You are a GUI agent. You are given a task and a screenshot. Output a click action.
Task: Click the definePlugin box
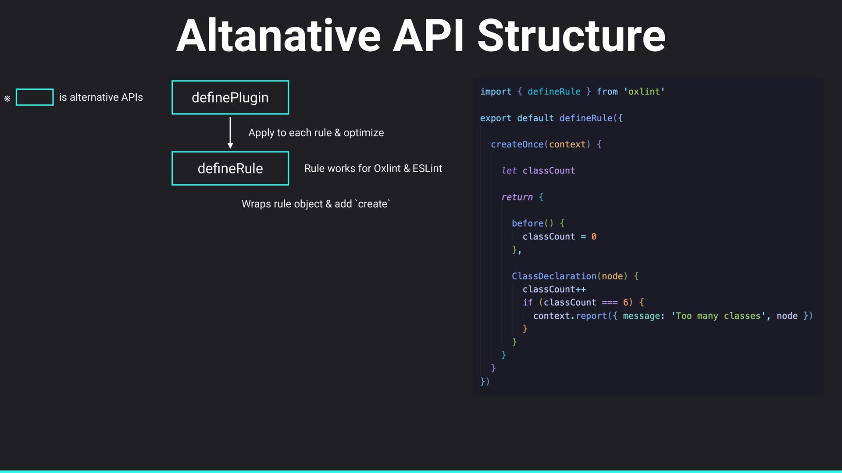[x=230, y=97]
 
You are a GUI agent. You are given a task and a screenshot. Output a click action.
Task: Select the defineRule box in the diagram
[x=230, y=168]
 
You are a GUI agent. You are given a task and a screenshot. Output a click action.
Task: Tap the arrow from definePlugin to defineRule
[x=230, y=133]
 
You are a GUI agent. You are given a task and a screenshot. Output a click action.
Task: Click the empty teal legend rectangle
[x=35, y=97]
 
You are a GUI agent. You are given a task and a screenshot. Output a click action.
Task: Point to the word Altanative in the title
[x=278, y=36]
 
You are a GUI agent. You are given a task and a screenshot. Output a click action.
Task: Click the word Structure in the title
[x=571, y=36]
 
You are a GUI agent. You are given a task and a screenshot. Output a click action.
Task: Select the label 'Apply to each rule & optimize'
[x=316, y=133]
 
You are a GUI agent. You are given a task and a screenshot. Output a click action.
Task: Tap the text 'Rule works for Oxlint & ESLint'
[x=373, y=168]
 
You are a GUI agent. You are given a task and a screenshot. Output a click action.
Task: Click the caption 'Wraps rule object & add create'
[x=316, y=204]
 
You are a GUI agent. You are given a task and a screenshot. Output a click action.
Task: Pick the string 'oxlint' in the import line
[x=644, y=92]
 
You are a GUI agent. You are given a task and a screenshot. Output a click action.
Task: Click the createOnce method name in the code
[x=517, y=144]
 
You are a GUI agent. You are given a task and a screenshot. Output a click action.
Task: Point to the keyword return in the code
[x=517, y=197]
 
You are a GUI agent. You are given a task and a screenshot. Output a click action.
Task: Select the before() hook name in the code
[x=528, y=223]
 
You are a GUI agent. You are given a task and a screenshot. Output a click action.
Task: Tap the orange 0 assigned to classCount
[x=594, y=236]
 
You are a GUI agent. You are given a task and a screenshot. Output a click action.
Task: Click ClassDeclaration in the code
[x=554, y=276]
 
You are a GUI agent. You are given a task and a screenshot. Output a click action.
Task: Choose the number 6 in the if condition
[x=625, y=302]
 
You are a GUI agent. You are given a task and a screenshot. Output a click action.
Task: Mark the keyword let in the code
[x=509, y=170]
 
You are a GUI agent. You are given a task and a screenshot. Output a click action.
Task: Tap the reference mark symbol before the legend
[x=7, y=99]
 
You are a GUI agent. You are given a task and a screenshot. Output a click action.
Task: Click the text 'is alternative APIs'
[x=101, y=97]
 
